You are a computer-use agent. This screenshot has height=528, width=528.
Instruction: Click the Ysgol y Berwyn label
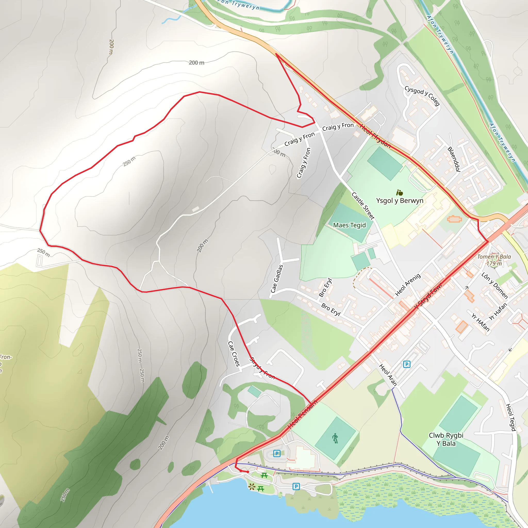coord(400,201)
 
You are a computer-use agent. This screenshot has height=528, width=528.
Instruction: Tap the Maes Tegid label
coord(349,225)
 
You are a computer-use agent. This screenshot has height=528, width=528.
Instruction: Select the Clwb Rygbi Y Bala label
coord(446,439)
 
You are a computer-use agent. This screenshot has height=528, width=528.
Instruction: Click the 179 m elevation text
coord(494,263)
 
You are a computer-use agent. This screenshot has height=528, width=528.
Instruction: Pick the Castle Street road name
coord(363,206)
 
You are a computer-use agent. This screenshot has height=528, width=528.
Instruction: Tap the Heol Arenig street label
coord(408,285)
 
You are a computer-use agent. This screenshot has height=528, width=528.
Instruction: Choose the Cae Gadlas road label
coord(277,278)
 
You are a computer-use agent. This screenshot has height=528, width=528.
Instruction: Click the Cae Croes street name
coord(234,354)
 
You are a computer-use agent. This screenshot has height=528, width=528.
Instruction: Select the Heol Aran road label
coord(388,375)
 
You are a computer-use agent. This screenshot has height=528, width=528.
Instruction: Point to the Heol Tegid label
coord(510,417)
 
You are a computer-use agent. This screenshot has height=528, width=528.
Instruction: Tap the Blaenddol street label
coord(454,159)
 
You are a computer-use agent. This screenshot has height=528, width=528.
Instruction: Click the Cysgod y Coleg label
coord(422,95)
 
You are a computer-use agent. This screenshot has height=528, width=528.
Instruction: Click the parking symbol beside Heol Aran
coord(407,364)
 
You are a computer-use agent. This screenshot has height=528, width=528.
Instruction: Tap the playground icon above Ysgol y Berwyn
coord(400,193)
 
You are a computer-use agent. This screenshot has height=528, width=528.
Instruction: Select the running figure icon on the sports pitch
coord(335,439)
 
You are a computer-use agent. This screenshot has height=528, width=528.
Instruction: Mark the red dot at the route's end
coord(247,472)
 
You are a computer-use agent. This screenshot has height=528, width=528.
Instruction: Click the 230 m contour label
coord(65,495)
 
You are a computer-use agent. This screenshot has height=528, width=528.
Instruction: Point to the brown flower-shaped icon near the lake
coord(252,487)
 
